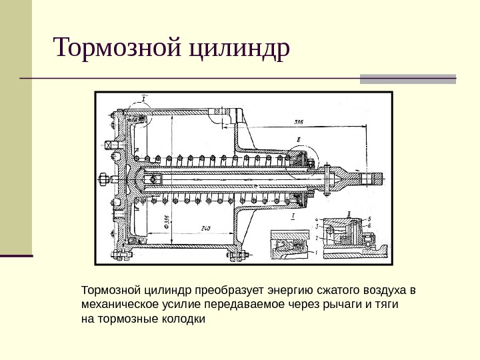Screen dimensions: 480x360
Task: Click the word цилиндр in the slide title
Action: (x=240, y=48)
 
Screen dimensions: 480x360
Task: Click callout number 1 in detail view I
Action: (x=316, y=252)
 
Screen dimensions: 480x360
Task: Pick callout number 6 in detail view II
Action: (x=371, y=226)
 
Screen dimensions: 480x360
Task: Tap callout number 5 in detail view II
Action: (x=371, y=219)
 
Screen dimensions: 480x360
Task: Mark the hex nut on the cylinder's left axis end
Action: (x=103, y=178)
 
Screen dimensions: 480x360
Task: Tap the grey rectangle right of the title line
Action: (x=407, y=79)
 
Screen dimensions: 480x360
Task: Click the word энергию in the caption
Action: (x=288, y=291)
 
